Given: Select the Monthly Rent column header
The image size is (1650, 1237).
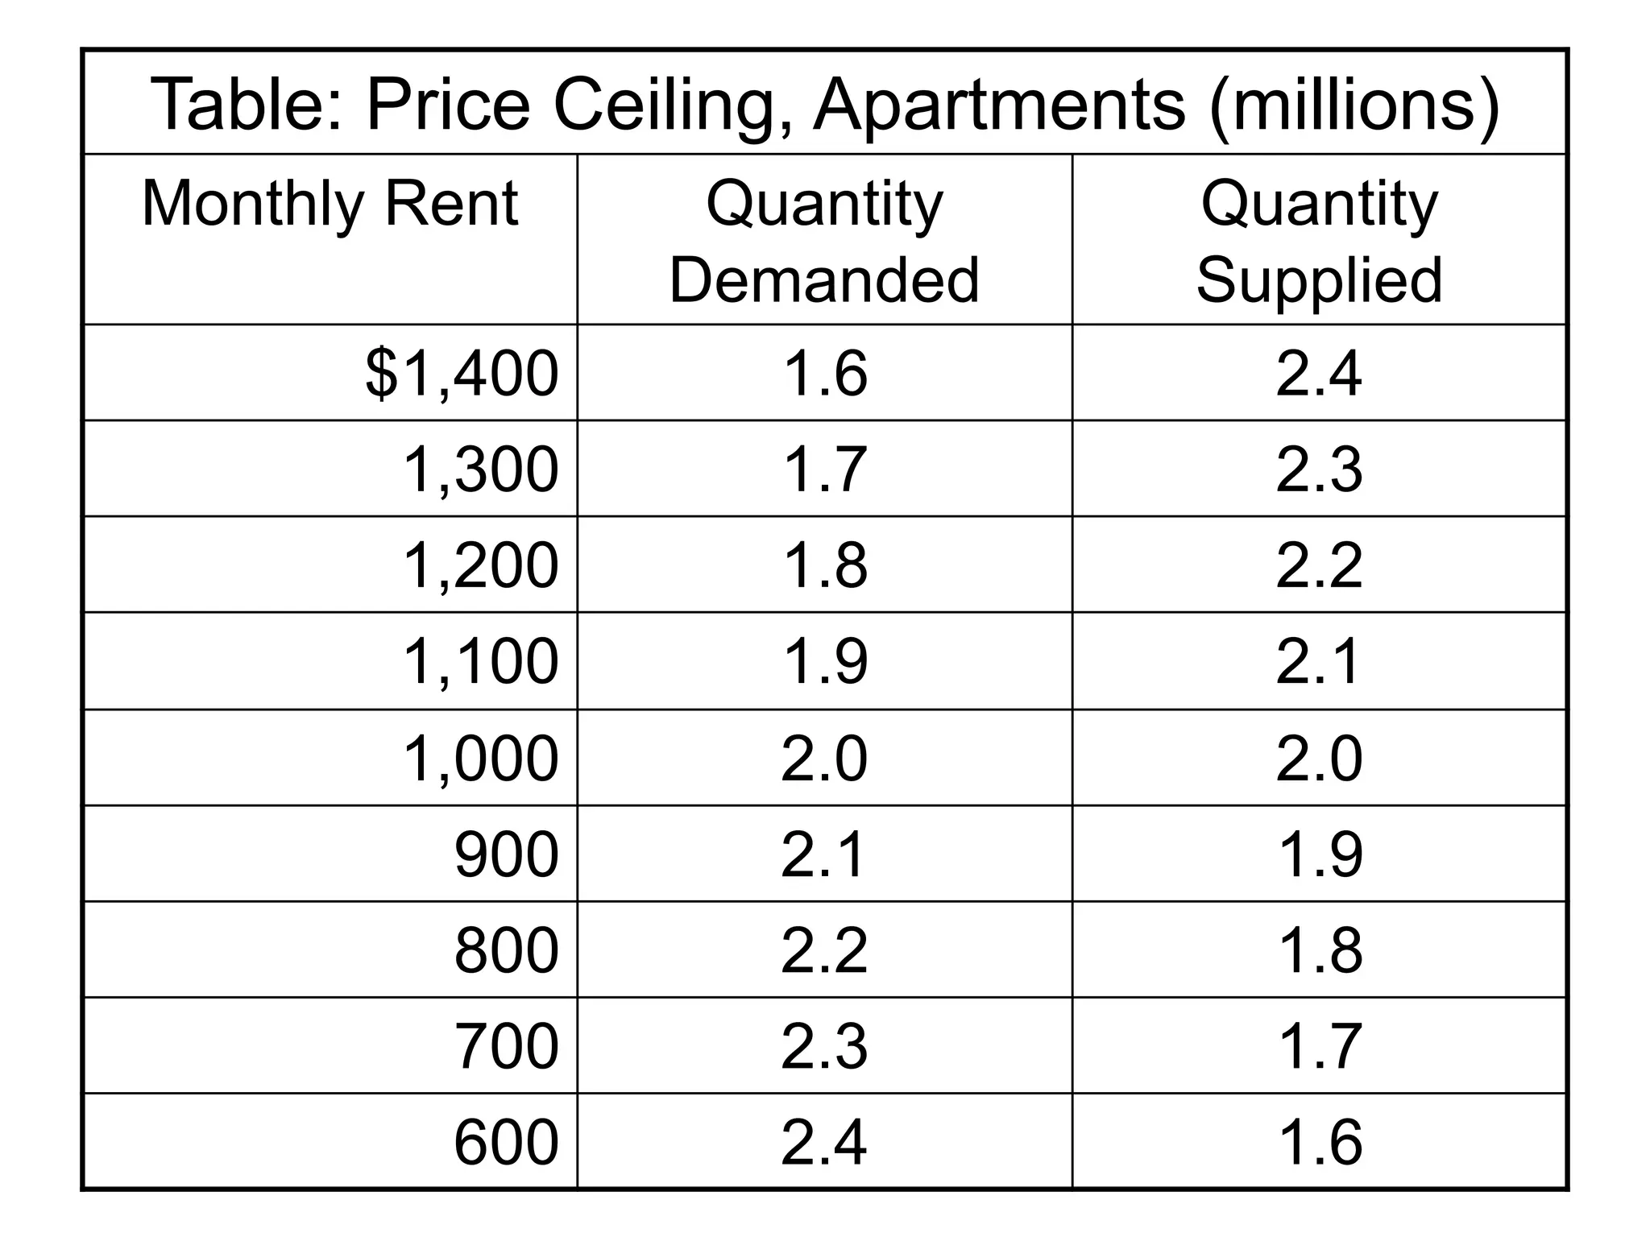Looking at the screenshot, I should pyautogui.click(x=330, y=204).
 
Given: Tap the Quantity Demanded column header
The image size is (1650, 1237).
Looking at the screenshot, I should pyautogui.click(x=824, y=241).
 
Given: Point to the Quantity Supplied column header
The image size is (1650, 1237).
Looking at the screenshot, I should pyautogui.click(x=1319, y=241).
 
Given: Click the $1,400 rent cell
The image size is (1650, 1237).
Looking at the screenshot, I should pyautogui.click(x=461, y=373).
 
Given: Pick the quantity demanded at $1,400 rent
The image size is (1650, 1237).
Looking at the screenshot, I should pyautogui.click(x=824, y=373).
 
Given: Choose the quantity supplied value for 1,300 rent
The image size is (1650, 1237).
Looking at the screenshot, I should pyautogui.click(x=1319, y=469).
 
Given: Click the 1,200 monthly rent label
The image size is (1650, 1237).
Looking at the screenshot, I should pyautogui.click(x=479, y=565).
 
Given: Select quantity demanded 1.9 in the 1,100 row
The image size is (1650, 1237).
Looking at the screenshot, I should pyautogui.click(x=824, y=661).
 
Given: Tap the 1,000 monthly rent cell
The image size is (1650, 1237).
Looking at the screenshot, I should pyautogui.click(x=479, y=758).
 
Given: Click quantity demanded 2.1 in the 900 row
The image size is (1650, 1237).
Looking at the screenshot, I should pyautogui.click(x=824, y=854).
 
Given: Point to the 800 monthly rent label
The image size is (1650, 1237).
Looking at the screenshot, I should pyautogui.click(x=506, y=949).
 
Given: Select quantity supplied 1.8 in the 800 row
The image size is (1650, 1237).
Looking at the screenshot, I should pyautogui.click(x=1319, y=949).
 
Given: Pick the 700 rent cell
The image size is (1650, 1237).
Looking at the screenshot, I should pyautogui.click(x=506, y=1045).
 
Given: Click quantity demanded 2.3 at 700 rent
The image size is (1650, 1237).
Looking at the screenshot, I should pyautogui.click(x=824, y=1045).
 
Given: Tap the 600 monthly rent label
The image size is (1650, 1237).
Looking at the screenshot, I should pyautogui.click(x=506, y=1141).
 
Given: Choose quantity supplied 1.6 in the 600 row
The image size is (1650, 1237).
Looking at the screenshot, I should pyautogui.click(x=1319, y=1141).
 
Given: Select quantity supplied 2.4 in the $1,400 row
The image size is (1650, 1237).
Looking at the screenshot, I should pyautogui.click(x=1319, y=373).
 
